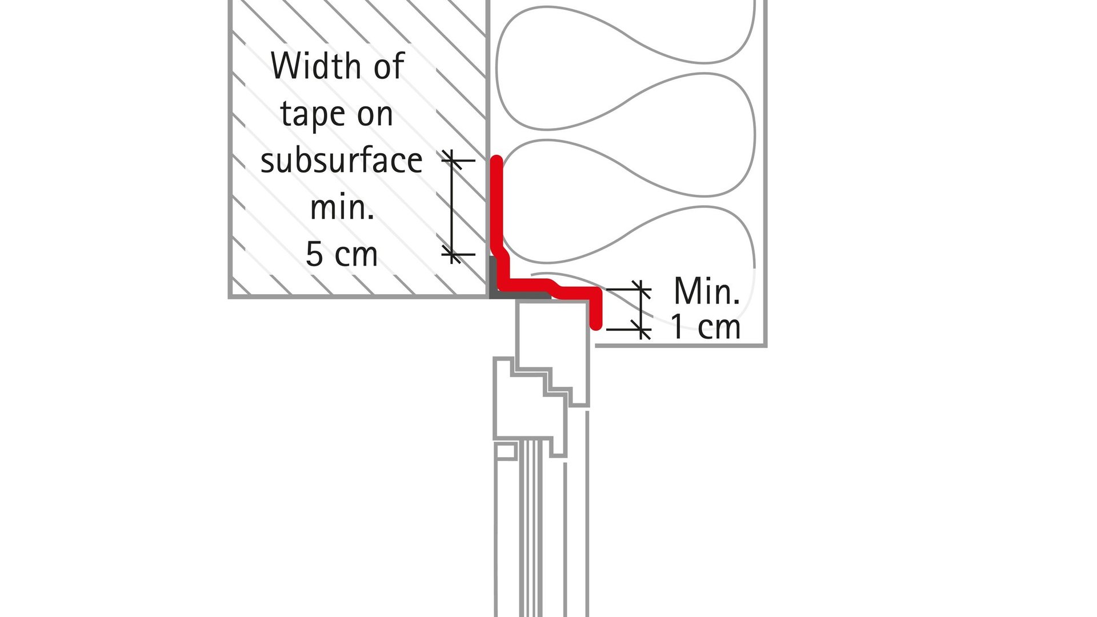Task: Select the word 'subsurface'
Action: pyautogui.click(x=341, y=161)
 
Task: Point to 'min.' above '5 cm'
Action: pyautogui.click(x=342, y=207)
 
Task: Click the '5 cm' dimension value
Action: pyautogui.click(x=342, y=254)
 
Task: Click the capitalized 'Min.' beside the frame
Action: pyautogui.click(x=706, y=291)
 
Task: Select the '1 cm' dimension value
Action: pyautogui.click(x=705, y=327)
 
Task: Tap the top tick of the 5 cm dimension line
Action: pyautogui.click(x=452, y=161)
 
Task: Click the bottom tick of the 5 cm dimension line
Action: pyautogui.click(x=452, y=254)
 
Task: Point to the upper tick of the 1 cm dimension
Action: pyautogui.click(x=641, y=290)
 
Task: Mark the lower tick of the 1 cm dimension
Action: pyautogui.click(x=641, y=330)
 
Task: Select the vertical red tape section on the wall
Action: pyautogui.click(x=498, y=206)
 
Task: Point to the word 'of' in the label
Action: pyautogui.click(x=389, y=66)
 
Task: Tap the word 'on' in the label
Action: pyautogui.click(x=375, y=114)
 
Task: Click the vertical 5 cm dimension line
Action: pyautogui.click(x=452, y=207)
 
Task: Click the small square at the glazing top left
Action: pyautogui.click(x=505, y=451)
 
